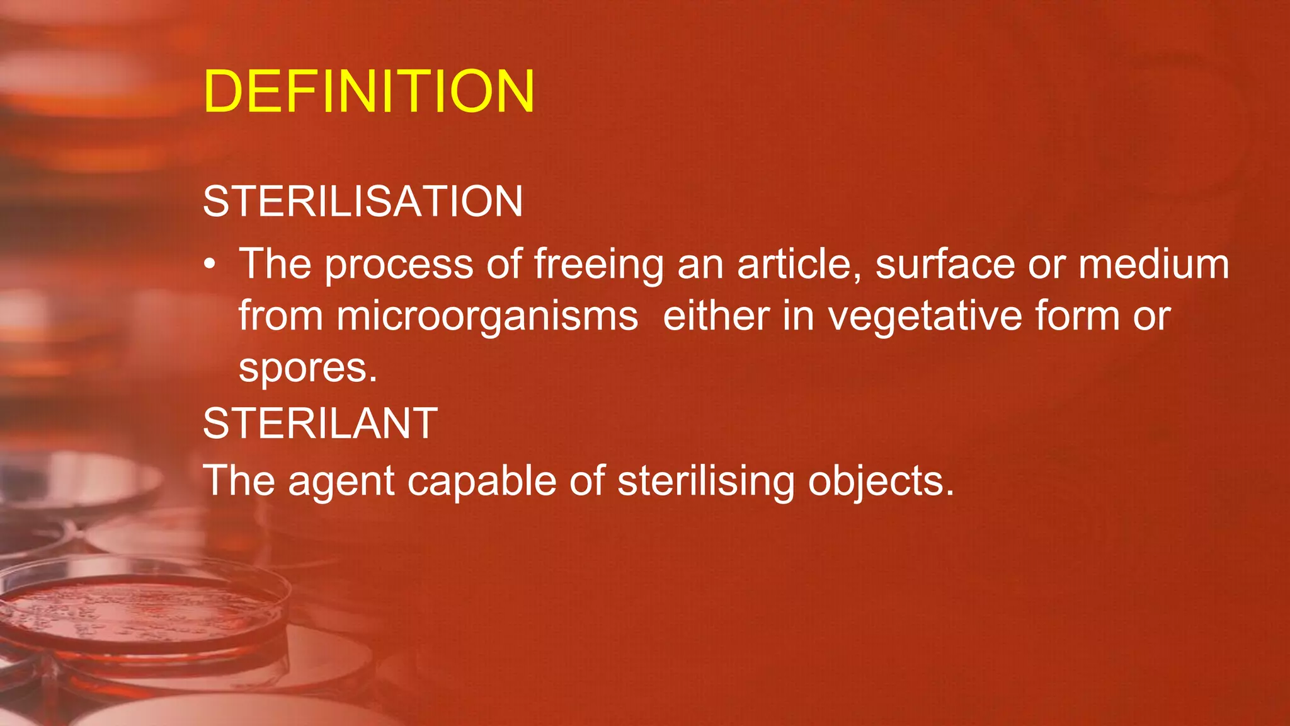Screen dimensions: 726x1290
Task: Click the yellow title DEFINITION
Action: [x=369, y=92]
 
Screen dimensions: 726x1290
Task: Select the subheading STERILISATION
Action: [x=363, y=202]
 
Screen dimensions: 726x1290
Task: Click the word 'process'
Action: [x=399, y=265]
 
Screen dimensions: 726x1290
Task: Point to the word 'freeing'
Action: [x=598, y=265]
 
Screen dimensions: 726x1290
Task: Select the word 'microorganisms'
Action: [x=487, y=316]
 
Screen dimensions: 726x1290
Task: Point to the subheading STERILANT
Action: [x=320, y=423]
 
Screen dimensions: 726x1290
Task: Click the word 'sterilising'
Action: [x=706, y=481]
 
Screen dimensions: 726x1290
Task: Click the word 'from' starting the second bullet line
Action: [x=280, y=316]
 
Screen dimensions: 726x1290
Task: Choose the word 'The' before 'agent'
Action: [x=239, y=481]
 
